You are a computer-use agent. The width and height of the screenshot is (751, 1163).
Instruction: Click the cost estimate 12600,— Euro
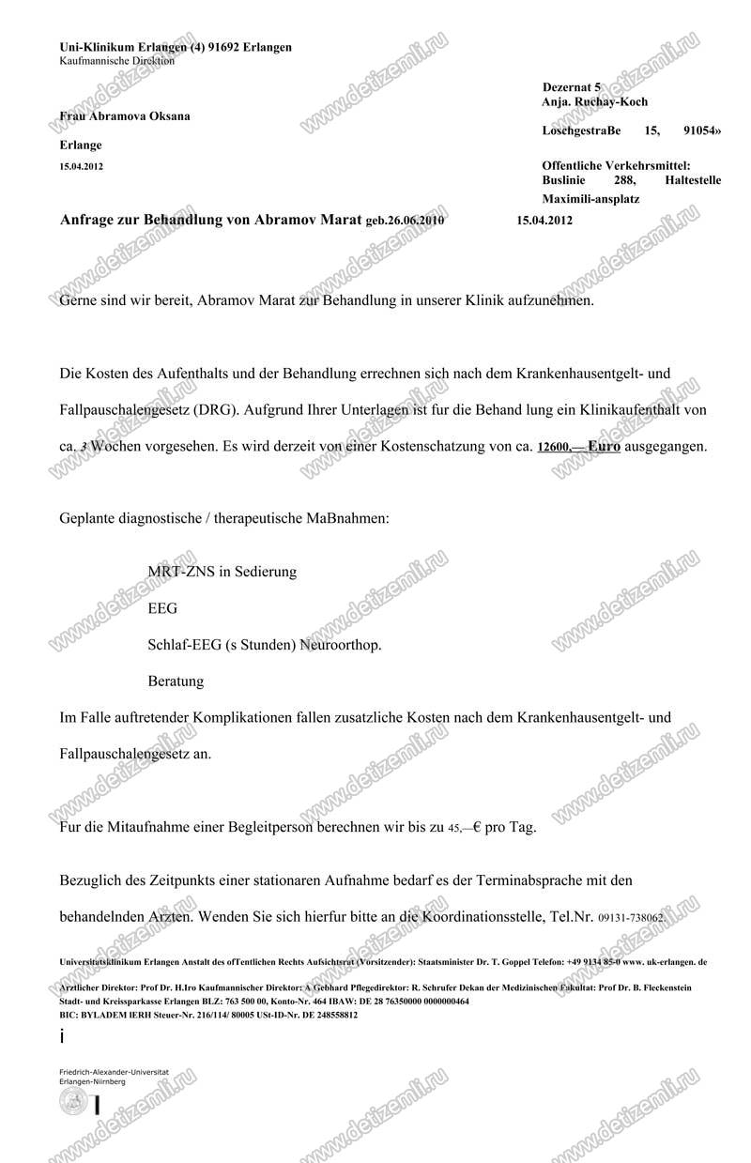(577, 449)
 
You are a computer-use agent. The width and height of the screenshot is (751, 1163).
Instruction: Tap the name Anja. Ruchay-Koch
(594, 101)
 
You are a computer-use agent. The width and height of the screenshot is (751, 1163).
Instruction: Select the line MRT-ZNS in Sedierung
(222, 571)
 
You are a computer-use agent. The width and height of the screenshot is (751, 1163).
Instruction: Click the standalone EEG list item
(162, 607)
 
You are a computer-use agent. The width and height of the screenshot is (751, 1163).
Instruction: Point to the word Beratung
(176, 681)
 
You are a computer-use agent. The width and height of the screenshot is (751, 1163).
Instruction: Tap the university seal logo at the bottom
(71, 1103)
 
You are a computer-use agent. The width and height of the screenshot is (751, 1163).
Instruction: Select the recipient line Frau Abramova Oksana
(124, 116)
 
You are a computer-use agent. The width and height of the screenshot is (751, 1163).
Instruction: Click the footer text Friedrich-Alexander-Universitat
(113, 1072)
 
